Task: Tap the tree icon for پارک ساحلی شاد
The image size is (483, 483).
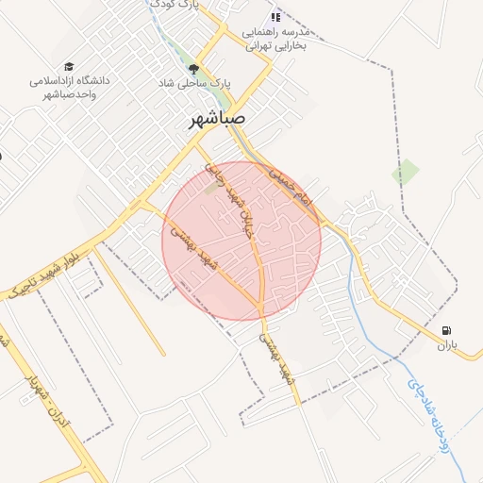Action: pyautogui.click(x=194, y=69)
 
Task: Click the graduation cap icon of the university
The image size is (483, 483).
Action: pyautogui.click(x=69, y=66)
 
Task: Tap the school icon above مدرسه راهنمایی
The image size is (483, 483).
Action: pyautogui.click(x=275, y=17)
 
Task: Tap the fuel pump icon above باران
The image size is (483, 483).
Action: pyautogui.click(x=446, y=330)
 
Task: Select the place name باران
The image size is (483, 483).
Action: pyautogui.click(x=446, y=346)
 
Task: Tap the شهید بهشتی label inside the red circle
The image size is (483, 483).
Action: pyautogui.click(x=194, y=246)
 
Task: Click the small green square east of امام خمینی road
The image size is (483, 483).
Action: pyautogui.click(x=406, y=173)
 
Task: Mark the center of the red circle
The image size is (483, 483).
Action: pyautogui.click(x=241, y=241)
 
